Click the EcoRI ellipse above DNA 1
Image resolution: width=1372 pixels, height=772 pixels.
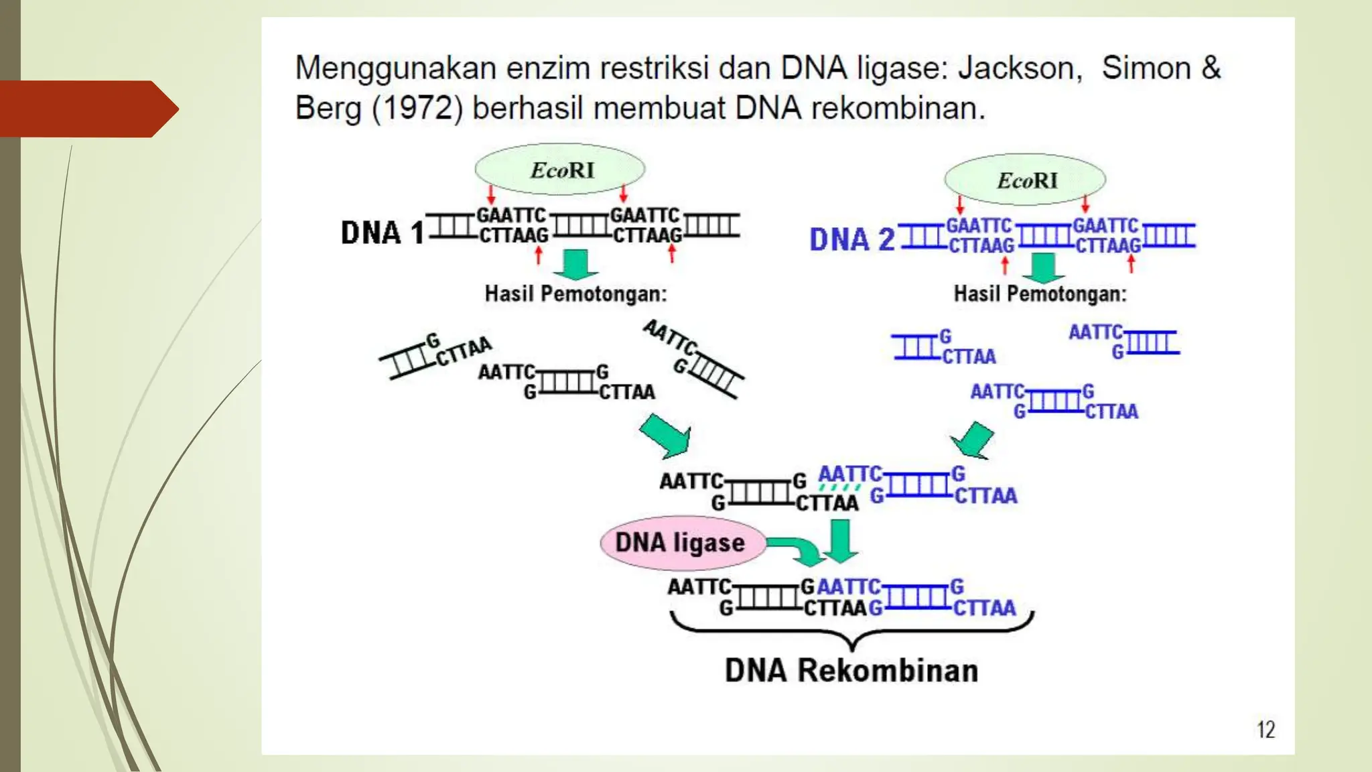pyautogui.click(x=560, y=170)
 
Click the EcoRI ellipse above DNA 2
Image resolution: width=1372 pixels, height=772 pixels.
pyautogui.click(x=1025, y=180)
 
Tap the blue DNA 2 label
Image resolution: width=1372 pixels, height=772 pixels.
pyautogui.click(x=851, y=239)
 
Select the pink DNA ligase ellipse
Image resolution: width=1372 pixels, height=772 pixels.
pyautogui.click(x=681, y=542)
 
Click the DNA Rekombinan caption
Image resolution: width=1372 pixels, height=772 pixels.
pyautogui.click(x=851, y=670)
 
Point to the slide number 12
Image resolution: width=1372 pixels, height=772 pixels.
pyautogui.click(x=1265, y=729)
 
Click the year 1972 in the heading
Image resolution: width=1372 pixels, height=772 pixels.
pyautogui.click(x=417, y=108)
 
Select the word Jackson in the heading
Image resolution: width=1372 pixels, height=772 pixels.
pyautogui.click(x=1020, y=68)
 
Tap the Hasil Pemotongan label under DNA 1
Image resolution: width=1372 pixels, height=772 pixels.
pyautogui.click(x=575, y=294)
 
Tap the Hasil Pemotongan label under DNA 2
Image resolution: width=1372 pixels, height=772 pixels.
pyautogui.click(x=1040, y=294)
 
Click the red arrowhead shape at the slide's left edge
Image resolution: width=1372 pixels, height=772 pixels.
pyautogui.click(x=87, y=109)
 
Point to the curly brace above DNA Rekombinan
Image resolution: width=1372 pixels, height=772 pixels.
pyautogui.click(x=851, y=630)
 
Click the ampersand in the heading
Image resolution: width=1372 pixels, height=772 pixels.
pyautogui.click(x=1210, y=68)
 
